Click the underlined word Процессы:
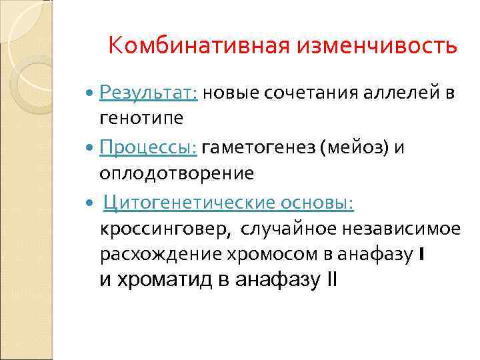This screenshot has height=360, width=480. click(x=148, y=147)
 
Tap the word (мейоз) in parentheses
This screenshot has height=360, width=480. click(x=357, y=147)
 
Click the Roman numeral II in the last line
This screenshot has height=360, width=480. click(x=331, y=280)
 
